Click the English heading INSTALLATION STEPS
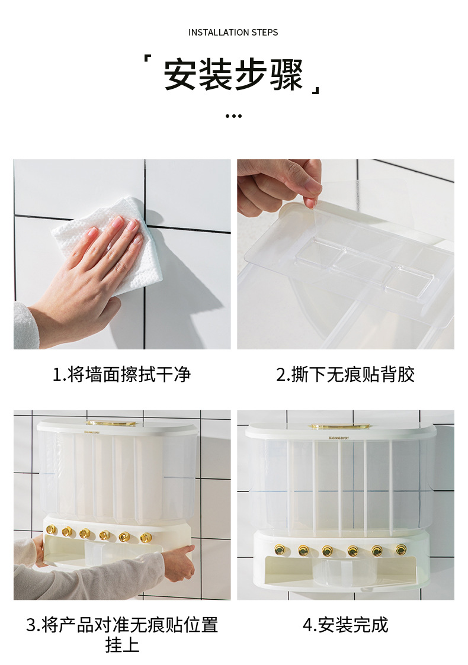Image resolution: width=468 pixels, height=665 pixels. [233, 32]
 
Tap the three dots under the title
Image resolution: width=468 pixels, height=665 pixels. [233, 116]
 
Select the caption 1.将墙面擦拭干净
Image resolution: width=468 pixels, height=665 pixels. [122, 374]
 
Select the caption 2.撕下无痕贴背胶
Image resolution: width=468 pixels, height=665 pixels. [345, 374]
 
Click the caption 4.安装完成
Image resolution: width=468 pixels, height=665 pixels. [345, 625]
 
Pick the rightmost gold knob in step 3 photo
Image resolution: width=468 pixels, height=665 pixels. [145, 537]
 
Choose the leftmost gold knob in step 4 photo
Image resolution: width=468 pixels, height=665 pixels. [279, 550]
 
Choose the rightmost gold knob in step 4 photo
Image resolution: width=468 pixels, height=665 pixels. [401, 550]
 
